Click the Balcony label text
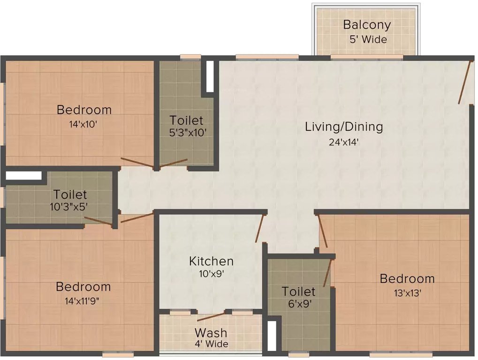[x=367, y=24]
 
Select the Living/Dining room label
[x=344, y=127]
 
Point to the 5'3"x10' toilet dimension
[x=187, y=133]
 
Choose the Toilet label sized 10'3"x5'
[x=70, y=194]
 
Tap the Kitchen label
[x=211, y=261]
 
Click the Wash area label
[x=211, y=333]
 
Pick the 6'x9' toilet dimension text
[x=298, y=304]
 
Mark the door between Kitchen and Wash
[x=211, y=317]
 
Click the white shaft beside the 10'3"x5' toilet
[x=23, y=176]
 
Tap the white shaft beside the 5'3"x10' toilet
[x=210, y=76]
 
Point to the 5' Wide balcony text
[x=368, y=39]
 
